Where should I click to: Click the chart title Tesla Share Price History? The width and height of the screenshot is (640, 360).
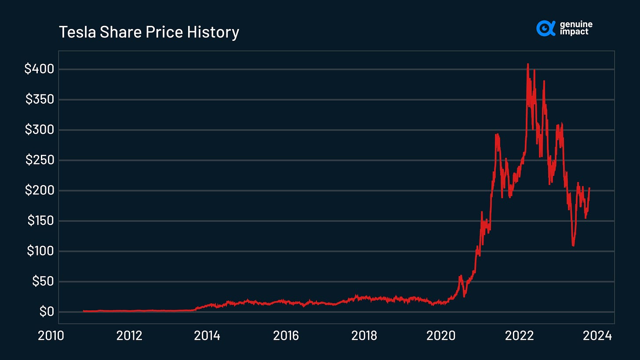149,32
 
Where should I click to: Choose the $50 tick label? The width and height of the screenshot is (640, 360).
42,281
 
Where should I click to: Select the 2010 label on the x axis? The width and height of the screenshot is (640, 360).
51,336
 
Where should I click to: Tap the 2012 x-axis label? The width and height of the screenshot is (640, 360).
129,336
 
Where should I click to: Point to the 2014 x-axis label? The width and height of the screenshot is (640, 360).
207,336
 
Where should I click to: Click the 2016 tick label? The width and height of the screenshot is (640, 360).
286,336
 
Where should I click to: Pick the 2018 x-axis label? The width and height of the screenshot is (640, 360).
364,336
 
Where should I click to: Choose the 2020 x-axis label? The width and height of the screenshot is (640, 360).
442,336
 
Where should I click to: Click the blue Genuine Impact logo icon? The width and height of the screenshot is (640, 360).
546,28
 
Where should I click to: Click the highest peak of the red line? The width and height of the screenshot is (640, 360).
527,64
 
